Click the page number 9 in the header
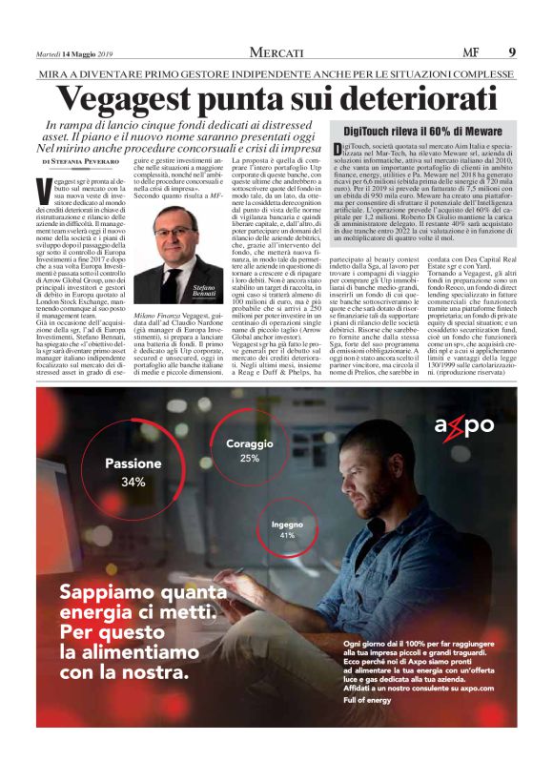[512, 51]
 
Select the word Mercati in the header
[276, 51]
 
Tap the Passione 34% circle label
[133, 472]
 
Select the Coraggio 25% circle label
[249, 450]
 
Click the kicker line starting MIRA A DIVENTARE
[276, 73]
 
